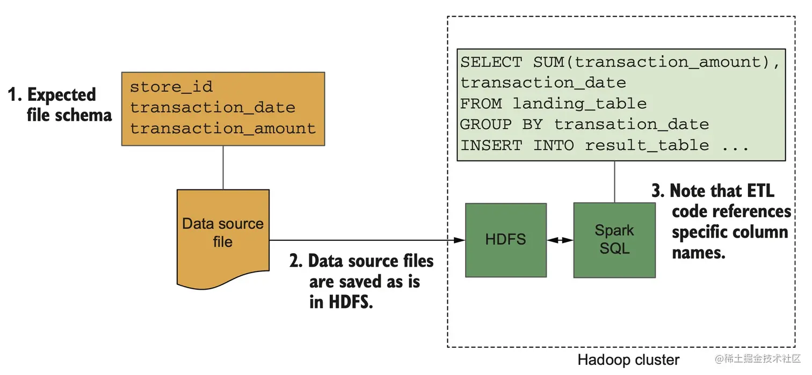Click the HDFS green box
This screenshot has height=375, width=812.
[x=505, y=240]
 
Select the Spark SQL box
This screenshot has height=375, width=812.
[x=614, y=240]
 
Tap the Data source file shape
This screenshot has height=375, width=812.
[x=223, y=232]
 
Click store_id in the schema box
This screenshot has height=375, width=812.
[x=171, y=86]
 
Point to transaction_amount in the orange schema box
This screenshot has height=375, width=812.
[x=223, y=129]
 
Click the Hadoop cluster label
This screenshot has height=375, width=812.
[x=628, y=360]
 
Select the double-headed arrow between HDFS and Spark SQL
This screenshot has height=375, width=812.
[x=560, y=241]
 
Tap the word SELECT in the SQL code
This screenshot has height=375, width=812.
[x=491, y=62]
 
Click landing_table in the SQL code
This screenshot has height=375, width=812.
[x=579, y=104]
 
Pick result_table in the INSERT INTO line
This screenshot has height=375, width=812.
[x=647, y=145]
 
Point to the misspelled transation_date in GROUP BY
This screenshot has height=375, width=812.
[x=631, y=124]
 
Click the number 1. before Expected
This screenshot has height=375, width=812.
[x=15, y=95]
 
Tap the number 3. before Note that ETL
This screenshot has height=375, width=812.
[x=658, y=192]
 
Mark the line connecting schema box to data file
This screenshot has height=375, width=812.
[x=223, y=167]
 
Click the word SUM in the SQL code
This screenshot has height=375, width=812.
[x=548, y=62]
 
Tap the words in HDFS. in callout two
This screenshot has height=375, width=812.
[x=340, y=302]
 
